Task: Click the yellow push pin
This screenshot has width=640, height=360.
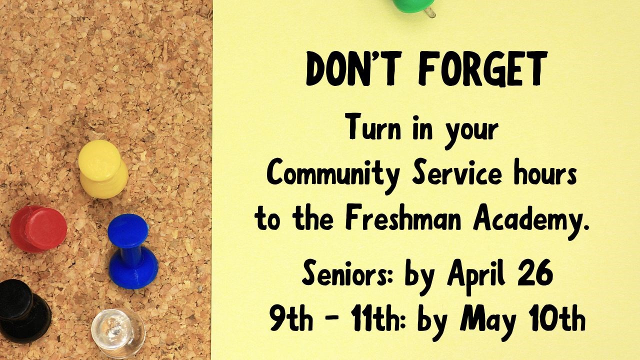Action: point(102,167)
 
